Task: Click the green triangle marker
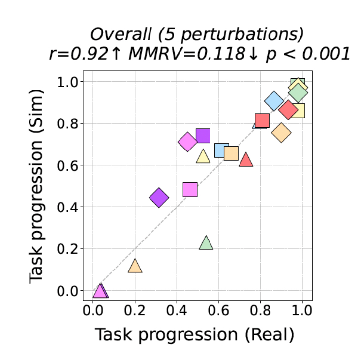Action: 206,243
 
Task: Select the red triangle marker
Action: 245,160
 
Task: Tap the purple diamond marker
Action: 158,198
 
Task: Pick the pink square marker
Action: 190,189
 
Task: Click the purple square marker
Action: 203,136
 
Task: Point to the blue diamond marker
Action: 274,101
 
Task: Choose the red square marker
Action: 262,120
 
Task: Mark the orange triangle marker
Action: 135,266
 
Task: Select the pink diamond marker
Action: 187,142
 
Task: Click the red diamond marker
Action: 288,109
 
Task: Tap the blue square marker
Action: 222,150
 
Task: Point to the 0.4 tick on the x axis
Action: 177,301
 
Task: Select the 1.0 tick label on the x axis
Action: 303,311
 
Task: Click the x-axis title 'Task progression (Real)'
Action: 194,335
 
